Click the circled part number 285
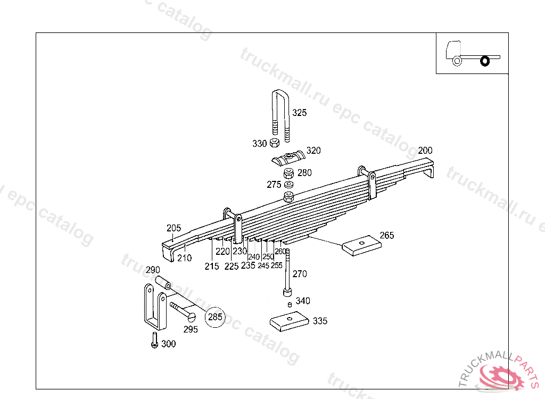[x=215, y=318]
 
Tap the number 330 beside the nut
[x=259, y=144]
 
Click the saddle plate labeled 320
[x=287, y=159]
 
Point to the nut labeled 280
[x=288, y=173]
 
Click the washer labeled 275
[x=289, y=184]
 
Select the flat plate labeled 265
[x=362, y=245]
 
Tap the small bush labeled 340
[x=288, y=304]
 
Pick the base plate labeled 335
[x=289, y=321]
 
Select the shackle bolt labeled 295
[x=183, y=311]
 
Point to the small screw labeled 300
[x=154, y=340]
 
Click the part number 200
[x=425, y=150]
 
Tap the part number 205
[x=174, y=228]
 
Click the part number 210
[x=184, y=259]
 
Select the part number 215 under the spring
[x=211, y=266]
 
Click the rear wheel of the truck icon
[x=484, y=61]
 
